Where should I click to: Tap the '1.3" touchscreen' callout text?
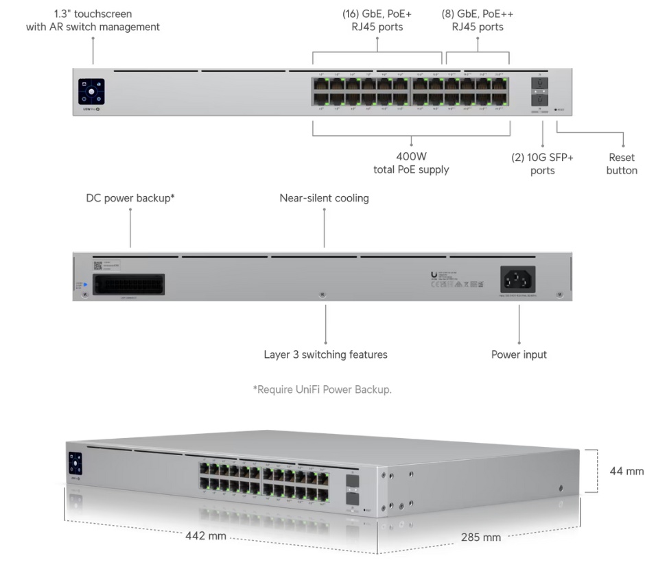(93, 20)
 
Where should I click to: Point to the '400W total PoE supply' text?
(411, 163)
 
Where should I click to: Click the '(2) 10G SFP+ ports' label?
(542, 163)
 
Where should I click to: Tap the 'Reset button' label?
(622, 164)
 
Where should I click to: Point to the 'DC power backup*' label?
(130, 198)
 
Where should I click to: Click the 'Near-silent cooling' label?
(324, 198)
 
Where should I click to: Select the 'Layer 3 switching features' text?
(325, 354)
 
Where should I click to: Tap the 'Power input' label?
(519, 354)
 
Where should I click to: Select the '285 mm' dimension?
(480, 537)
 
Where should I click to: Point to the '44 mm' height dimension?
(625, 471)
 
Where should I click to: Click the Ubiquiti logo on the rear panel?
(434, 275)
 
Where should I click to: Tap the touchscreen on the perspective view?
(73, 465)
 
